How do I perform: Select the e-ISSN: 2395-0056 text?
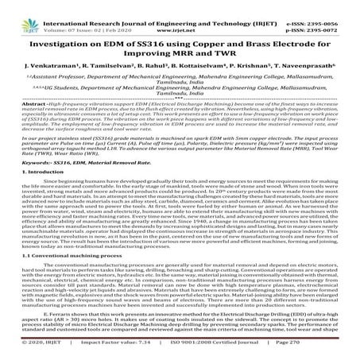[328, 6]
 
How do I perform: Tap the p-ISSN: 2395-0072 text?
[328, 14]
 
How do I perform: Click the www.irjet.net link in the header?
[182, 14]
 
